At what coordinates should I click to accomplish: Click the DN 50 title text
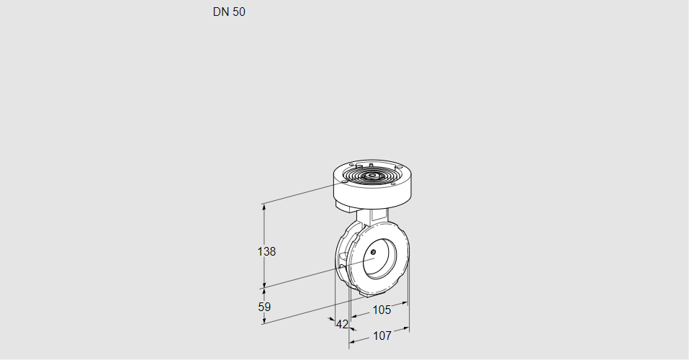coord(229,12)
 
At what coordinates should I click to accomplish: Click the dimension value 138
coord(267,251)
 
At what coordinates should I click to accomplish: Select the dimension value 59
coord(264,307)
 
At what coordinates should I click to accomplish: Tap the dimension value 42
coord(342,324)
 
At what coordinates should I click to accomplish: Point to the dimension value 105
coord(382,310)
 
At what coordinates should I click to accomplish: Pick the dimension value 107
coord(382,336)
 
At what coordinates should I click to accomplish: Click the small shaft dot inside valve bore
coord(374,251)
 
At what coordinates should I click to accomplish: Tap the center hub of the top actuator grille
coord(371,175)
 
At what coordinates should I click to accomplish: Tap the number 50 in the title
coord(238,12)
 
